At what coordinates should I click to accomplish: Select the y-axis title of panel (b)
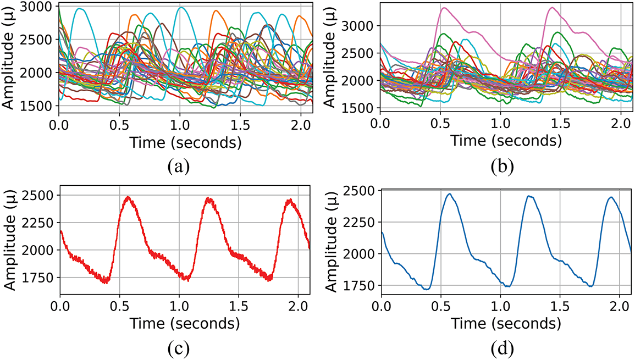point(331,57)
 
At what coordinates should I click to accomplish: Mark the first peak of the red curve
point(128,197)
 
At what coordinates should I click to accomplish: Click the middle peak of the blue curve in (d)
point(529,196)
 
